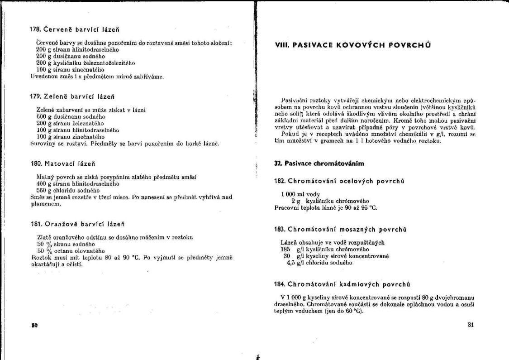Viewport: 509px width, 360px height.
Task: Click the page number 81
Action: [471, 324]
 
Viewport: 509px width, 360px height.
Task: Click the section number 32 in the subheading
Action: [278, 163]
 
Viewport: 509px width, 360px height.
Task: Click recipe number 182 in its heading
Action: [280, 181]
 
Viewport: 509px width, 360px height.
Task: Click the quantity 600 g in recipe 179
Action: [43, 116]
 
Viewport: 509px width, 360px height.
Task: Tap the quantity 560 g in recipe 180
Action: [43, 191]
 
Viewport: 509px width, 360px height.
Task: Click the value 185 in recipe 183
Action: [285, 249]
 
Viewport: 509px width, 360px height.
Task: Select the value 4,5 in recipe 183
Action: [291, 262]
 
